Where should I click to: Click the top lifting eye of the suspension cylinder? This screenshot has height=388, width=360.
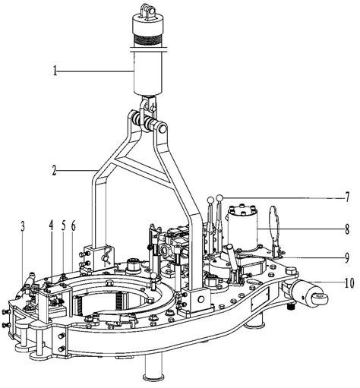pyautogui.click(x=144, y=8)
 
